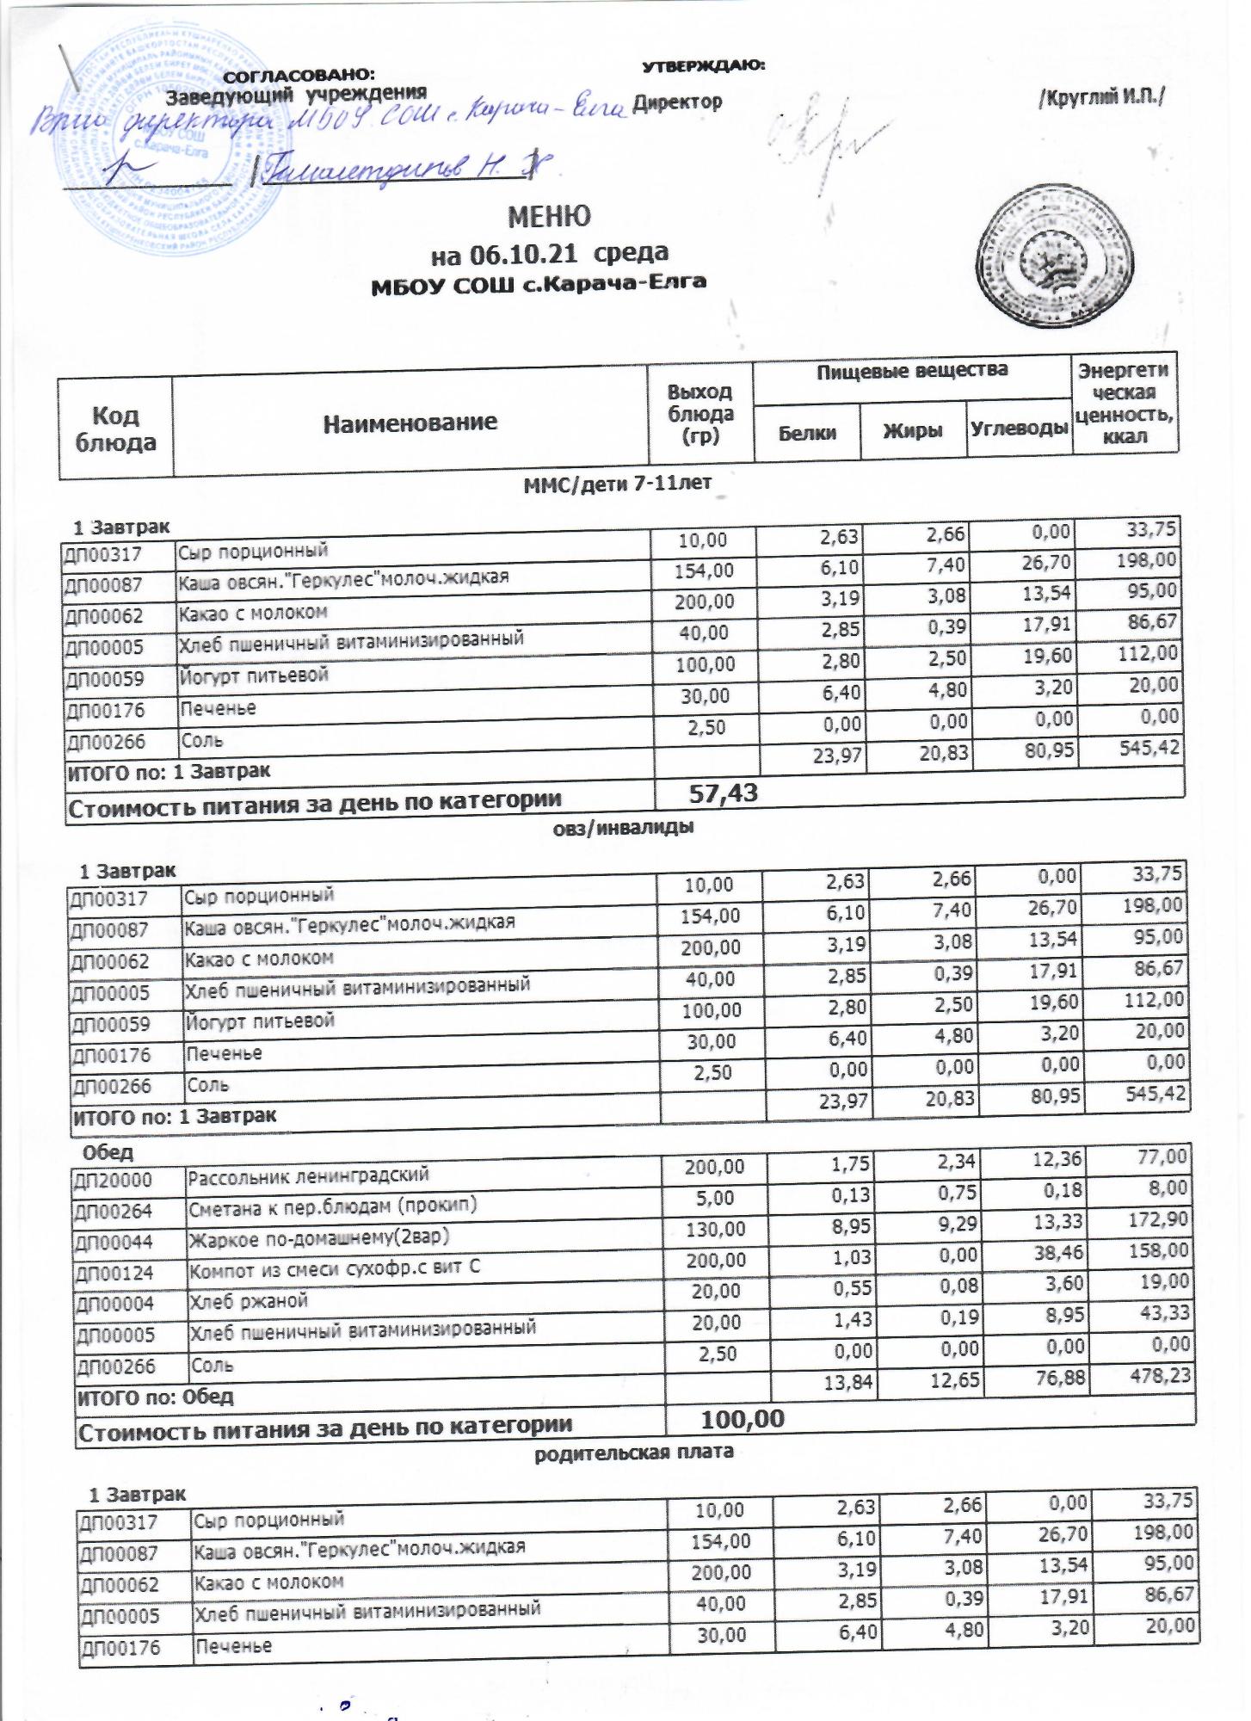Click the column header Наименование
click(x=410, y=422)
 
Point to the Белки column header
click(x=807, y=431)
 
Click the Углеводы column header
click(x=1020, y=428)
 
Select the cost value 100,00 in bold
click(x=743, y=1418)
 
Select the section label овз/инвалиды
click(x=621, y=828)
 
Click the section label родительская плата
click(x=634, y=1452)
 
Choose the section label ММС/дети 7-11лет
click(x=618, y=483)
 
